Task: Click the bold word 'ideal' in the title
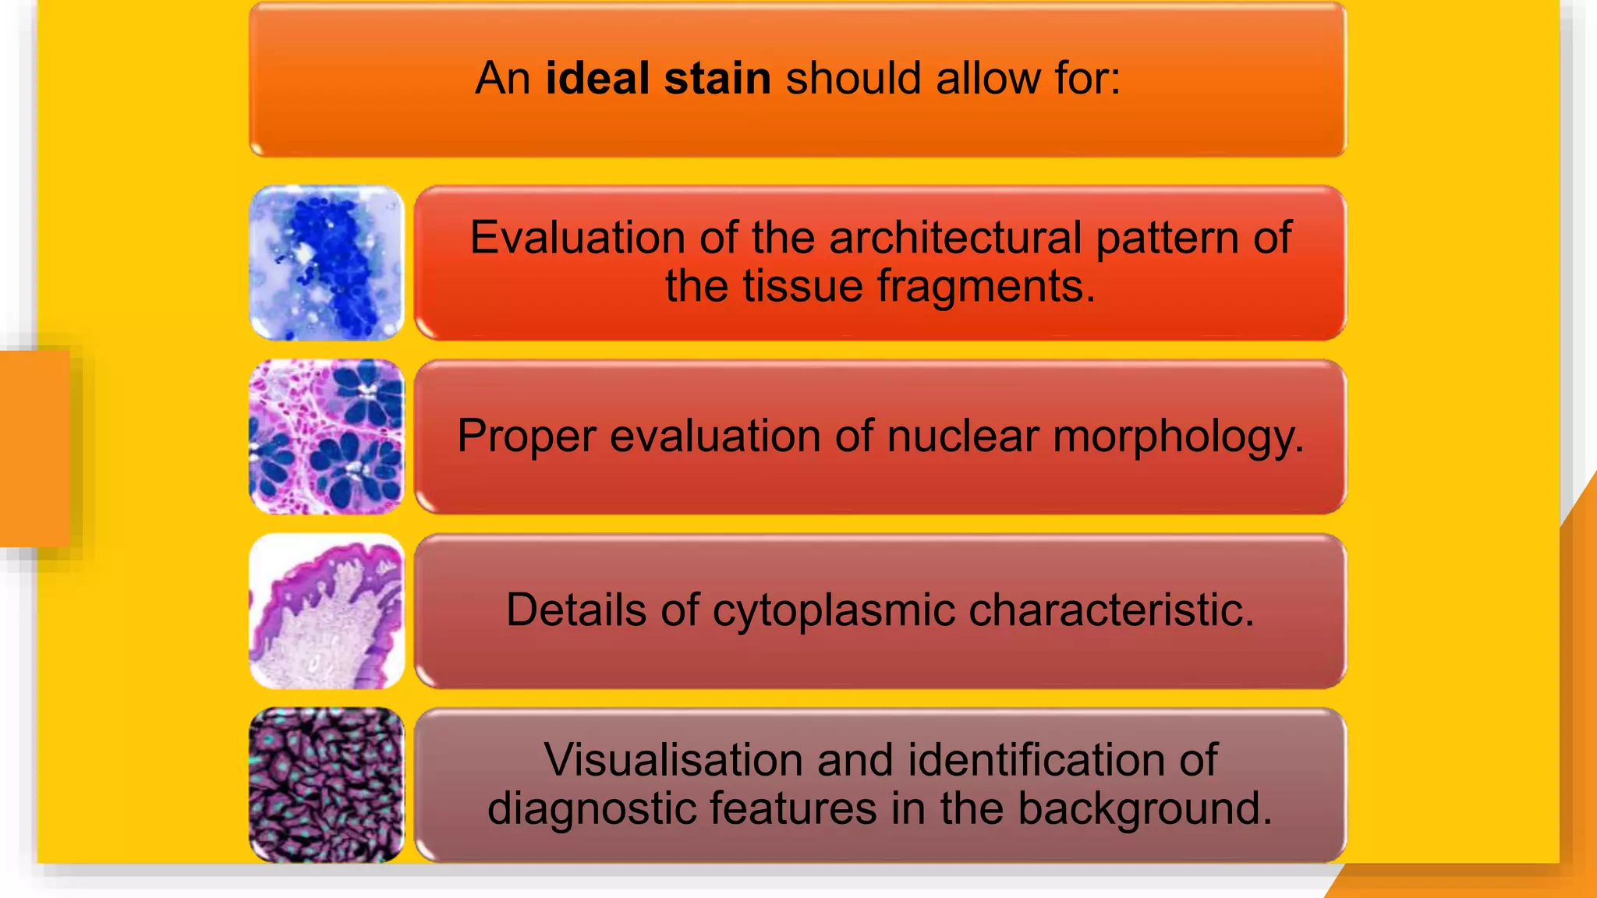coord(597,79)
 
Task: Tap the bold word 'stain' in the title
coord(717,79)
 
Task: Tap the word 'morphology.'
coord(1178,437)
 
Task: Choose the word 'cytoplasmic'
coord(833,610)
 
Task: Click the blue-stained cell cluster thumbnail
coord(327,263)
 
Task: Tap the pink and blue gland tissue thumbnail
coord(327,437)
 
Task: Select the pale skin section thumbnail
coord(327,610)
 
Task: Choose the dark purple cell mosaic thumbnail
coord(327,785)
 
